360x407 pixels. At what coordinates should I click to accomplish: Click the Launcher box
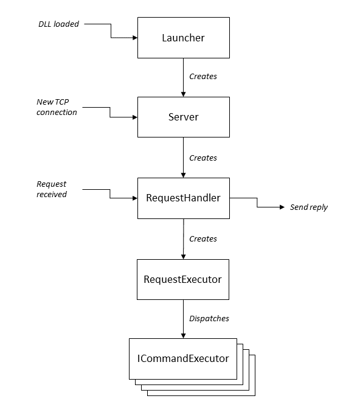[184, 38]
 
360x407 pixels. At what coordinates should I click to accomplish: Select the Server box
[184, 117]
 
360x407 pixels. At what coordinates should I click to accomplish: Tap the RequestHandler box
[184, 198]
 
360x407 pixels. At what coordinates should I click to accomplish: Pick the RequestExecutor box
[183, 279]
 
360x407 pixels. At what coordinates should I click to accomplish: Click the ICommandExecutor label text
[183, 358]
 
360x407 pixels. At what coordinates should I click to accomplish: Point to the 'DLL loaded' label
[58, 24]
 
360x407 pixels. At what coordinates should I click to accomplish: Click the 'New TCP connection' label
[57, 107]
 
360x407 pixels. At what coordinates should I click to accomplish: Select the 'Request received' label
[52, 189]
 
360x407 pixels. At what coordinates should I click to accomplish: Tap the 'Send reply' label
[309, 207]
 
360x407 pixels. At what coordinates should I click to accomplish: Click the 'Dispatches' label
[209, 319]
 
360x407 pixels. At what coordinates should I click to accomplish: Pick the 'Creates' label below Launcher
[203, 76]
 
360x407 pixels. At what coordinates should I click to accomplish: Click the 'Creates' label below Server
[203, 158]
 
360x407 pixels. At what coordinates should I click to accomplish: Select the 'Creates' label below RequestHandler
[203, 239]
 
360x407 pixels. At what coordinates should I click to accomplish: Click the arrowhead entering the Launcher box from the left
[135, 38]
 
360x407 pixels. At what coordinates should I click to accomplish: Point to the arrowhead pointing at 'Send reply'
[282, 207]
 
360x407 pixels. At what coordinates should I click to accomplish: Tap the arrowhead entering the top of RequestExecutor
[184, 257]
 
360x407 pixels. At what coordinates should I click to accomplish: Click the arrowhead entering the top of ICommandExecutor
[184, 336]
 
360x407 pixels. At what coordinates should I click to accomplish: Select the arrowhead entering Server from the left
[135, 117]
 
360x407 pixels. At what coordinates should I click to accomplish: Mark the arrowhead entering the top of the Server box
[184, 94]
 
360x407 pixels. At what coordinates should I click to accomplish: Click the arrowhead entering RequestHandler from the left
[135, 198]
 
